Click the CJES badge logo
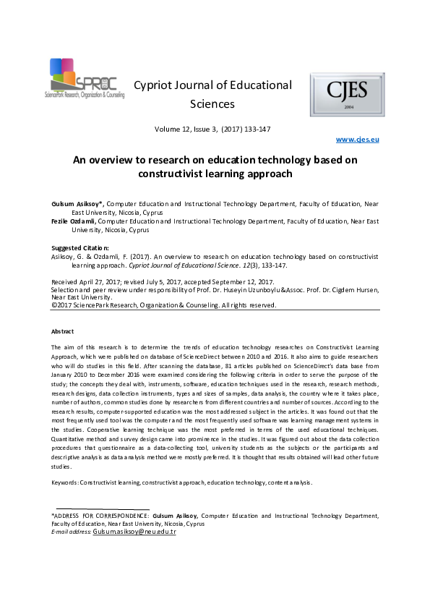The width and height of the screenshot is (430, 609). tap(347, 94)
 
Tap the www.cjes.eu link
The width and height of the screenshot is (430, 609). tap(359, 139)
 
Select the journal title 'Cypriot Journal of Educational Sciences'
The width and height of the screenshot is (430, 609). tap(212, 94)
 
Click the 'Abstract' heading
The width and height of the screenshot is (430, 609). tap(63, 331)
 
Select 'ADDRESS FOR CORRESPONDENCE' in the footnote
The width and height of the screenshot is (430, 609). tap(104, 516)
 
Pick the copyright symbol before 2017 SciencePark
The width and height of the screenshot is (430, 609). tap(53, 305)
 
